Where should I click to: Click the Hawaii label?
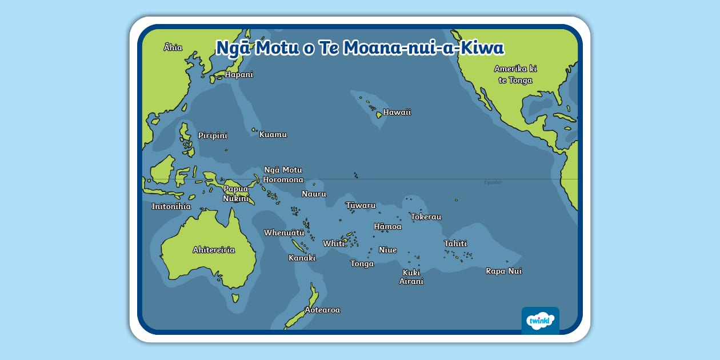(397, 113)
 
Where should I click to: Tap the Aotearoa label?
(322, 310)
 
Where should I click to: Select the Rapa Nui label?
(503, 271)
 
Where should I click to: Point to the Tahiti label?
(455, 244)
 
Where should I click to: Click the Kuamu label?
(273, 135)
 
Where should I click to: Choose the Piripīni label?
(213, 136)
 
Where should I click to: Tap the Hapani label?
(239, 75)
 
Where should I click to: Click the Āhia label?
(173, 47)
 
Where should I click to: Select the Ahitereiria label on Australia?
(214, 250)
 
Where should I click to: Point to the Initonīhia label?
(171, 207)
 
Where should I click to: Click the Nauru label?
(314, 194)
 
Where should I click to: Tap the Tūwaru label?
(361, 206)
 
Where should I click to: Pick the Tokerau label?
(426, 217)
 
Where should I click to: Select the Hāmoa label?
(387, 227)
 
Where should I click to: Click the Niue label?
(387, 250)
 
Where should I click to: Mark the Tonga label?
(362, 264)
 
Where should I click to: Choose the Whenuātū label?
(284, 233)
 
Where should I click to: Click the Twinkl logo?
(540, 321)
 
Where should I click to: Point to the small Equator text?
(493, 182)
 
